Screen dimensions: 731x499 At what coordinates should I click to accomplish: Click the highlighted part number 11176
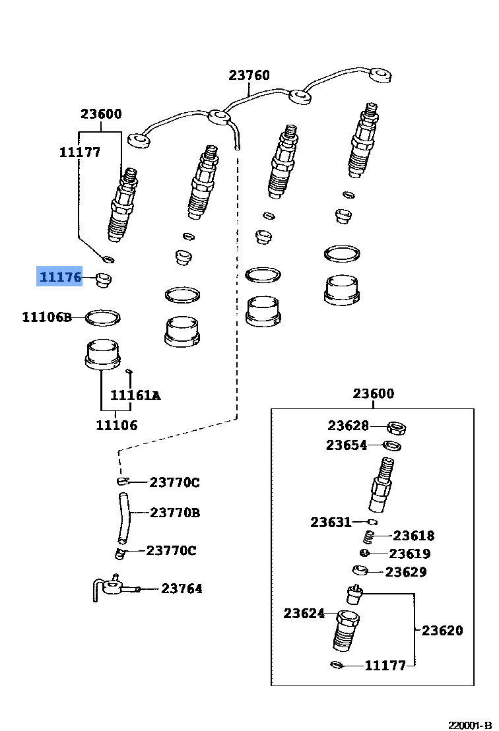pos(59,277)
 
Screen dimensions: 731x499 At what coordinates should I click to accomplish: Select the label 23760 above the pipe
pos(249,75)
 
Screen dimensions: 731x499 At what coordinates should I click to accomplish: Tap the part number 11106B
pos(46,317)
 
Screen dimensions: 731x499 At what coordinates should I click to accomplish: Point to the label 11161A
pos(135,395)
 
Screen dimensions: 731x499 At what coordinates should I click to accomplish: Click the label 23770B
pos(174,512)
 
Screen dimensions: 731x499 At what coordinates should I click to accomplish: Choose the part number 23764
pos(182,588)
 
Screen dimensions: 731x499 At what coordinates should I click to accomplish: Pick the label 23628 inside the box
pos(348,426)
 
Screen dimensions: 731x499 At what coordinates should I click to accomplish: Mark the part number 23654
pos(346,445)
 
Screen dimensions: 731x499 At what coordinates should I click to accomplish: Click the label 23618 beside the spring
pos(414,536)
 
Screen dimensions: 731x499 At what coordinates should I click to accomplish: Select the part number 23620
pos(442,630)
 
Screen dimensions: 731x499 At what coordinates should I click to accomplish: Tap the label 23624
pos(304,614)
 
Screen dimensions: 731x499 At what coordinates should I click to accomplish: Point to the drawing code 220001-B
pos(471,724)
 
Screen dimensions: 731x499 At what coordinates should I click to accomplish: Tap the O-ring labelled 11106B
pos(104,318)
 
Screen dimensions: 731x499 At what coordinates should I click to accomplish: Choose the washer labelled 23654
pos(393,446)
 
